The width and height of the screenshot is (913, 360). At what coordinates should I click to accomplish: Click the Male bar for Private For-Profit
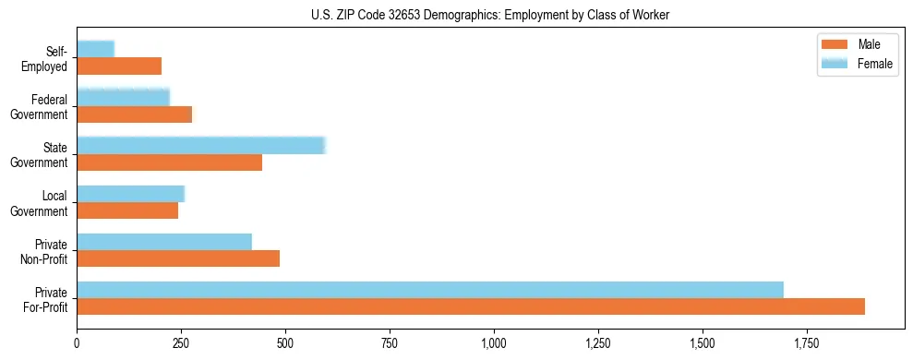[471, 306]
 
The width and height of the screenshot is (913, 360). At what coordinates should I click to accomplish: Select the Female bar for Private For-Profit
[430, 290]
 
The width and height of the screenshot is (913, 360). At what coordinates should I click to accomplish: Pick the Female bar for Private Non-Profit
[164, 242]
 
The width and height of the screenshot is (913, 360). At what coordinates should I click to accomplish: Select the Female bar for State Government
[201, 146]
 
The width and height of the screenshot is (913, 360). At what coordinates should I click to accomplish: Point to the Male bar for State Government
[170, 162]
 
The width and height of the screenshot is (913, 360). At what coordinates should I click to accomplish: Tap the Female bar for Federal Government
[124, 97]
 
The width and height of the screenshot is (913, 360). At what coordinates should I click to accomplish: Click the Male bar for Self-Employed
[119, 66]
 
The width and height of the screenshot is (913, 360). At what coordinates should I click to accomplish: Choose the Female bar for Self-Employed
[96, 49]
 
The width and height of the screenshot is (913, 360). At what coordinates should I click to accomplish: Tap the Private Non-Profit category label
[43, 250]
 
